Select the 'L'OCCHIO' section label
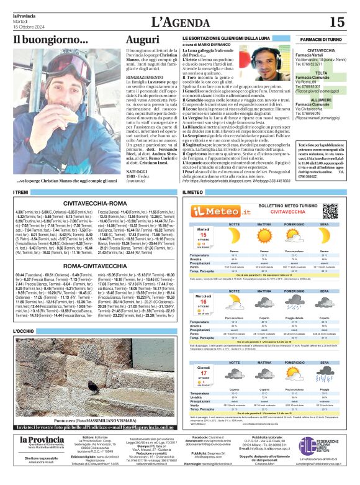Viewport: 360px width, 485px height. tap(25, 332)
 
